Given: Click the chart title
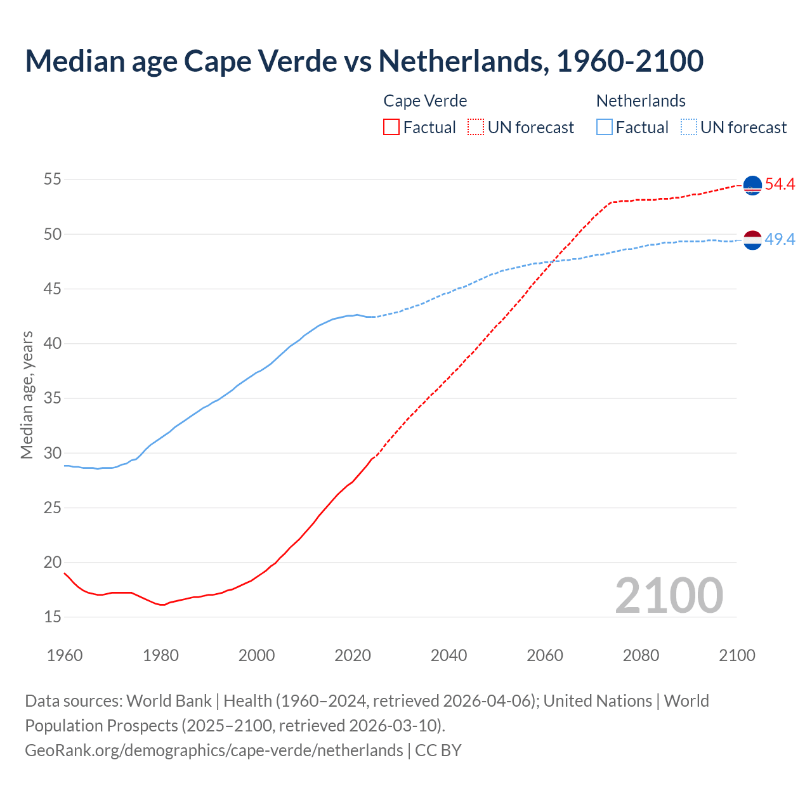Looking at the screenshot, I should click(364, 61).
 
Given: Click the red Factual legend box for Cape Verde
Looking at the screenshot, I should click(391, 127).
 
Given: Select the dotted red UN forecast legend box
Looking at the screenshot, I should click(476, 127).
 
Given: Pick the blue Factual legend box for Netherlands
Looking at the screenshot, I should click(605, 127).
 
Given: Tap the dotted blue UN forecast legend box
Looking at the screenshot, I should click(689, 127).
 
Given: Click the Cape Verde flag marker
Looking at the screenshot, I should click(752, 185).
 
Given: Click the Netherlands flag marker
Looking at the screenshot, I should click(752, 240).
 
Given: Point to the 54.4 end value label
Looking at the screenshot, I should click(780, 185).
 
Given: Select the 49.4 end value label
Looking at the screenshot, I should click(780, 240).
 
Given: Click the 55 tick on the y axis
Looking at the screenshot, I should click(52, 180).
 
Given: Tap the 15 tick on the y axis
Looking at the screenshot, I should click(52, 617).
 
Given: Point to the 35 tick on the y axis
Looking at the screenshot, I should click(52, 398).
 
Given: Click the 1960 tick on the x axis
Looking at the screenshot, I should click(65, 655).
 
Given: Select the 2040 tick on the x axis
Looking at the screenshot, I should click(449, 655).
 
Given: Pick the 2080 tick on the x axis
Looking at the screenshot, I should click(641, 655).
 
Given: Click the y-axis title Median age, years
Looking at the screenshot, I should click(27, 395).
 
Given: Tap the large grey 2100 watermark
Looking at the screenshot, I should click(669, 595).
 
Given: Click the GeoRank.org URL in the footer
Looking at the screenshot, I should click(214, 750).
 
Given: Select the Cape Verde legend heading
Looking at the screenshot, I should click(425, 101).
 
